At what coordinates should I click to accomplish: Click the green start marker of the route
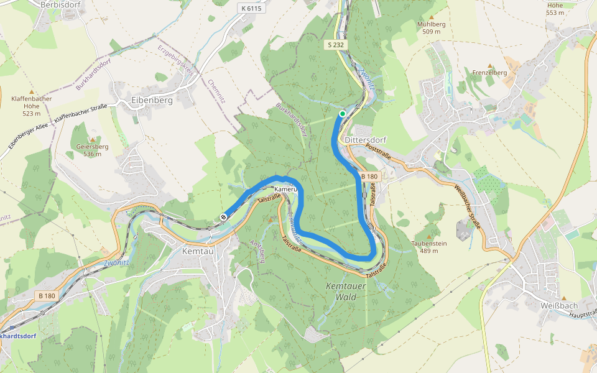(342, 113)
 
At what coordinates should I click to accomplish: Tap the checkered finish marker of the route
(223, 216)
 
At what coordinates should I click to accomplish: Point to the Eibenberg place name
(152, 99)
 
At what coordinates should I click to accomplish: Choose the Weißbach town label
(559, 305)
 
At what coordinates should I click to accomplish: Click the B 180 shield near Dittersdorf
(369, 177)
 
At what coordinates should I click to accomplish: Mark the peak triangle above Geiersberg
(92, 139)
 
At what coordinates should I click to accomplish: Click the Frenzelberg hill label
(490, 73)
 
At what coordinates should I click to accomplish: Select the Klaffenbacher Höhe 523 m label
(31, 106)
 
